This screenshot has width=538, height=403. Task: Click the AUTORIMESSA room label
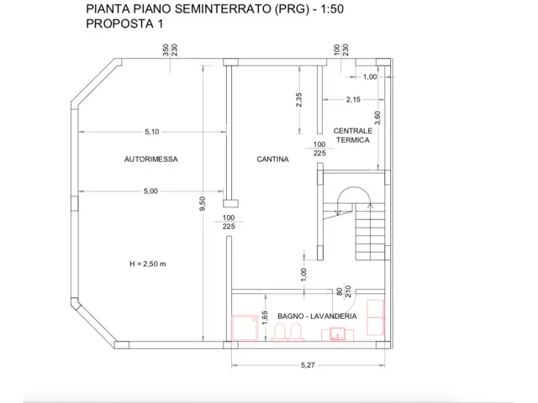(151, 159)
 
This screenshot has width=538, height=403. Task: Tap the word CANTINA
(272, 159)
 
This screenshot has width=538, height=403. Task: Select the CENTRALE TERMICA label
(353, 135)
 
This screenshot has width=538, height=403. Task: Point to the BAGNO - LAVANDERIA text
(317, 316)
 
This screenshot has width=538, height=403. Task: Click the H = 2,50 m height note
(148, 264)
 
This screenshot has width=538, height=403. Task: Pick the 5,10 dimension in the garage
(152, 132)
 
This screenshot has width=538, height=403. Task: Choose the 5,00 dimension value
(150, 191)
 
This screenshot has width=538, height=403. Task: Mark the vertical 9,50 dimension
(203, 203)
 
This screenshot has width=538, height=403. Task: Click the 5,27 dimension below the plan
(308, 365)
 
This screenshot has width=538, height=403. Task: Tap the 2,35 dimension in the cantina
(299, 100)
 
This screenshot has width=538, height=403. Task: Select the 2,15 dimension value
(353, 100)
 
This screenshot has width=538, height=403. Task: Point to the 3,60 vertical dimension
(377, 118)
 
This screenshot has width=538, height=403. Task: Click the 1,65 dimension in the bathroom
(265, 317)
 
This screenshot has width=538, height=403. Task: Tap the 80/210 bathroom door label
(344, 291)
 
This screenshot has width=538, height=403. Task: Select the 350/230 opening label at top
(170, 50)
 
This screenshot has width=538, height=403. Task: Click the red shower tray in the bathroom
(245, 328)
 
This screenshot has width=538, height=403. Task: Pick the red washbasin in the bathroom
(338, 334)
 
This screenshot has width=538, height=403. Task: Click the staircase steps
(370, 232)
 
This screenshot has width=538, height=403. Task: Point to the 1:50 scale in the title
(332, 9)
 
